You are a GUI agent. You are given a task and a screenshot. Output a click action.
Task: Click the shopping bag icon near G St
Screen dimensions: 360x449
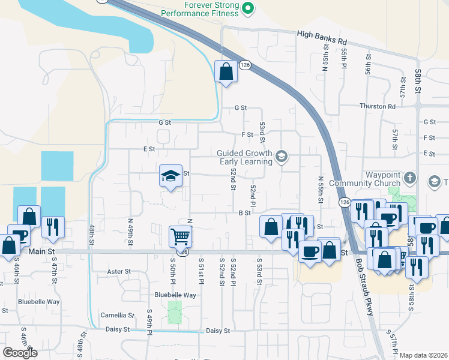point(225,72)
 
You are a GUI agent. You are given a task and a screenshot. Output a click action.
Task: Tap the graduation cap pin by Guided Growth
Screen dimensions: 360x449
point(280,157)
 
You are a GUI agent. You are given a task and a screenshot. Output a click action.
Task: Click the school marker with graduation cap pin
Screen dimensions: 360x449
point(170,176)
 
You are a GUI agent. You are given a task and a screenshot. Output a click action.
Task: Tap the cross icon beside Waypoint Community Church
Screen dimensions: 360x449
point(410,178)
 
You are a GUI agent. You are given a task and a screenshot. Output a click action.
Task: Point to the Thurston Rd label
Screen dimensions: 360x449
point(378,106)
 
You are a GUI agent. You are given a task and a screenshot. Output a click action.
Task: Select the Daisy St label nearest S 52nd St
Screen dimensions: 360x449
point(218,331)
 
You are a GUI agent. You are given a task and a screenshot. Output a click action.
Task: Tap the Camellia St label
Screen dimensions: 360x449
point(118,315)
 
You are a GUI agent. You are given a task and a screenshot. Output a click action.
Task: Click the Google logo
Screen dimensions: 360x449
point(20,353)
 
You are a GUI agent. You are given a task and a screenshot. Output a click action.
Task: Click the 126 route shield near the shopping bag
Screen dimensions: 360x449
point(245,65)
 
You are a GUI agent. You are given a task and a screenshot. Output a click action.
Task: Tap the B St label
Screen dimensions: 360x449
point(244,212)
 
